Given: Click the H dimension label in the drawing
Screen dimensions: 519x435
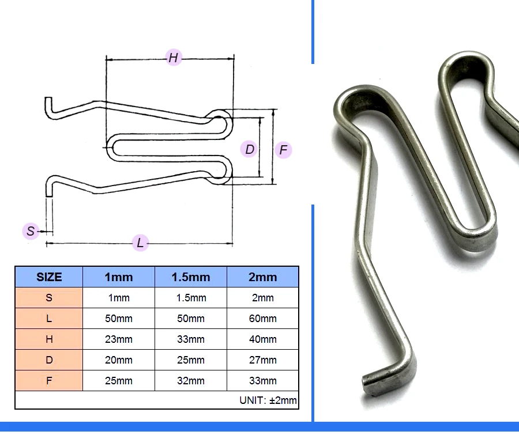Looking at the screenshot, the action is coord(174,58).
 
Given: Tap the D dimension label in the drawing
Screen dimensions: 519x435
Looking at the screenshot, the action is coord(249,149).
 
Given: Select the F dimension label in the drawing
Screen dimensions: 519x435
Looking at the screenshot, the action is coord(283,150).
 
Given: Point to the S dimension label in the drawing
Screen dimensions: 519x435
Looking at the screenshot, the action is coord(31,231).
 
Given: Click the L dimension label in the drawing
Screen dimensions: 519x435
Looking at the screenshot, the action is coord(140,243).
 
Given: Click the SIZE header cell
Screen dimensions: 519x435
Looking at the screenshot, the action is coord(49,277).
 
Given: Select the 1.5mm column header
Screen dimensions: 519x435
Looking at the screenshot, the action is coord(191,277).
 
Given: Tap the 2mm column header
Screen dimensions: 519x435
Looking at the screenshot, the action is coord(263,277).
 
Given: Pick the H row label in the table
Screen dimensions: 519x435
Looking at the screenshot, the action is coord(49,339).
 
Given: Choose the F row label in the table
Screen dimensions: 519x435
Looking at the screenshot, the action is coord(49,380).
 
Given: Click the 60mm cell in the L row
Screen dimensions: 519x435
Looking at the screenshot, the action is coord(263,319).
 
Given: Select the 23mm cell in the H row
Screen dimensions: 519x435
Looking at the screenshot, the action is coord(119,339).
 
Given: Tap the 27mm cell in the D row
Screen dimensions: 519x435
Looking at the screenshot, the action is coord(263,360).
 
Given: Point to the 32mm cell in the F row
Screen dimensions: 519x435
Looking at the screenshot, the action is coord(191,380).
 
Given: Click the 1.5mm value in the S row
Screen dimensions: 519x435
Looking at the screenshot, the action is coord(191,298).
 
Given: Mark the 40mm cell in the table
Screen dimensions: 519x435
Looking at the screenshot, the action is coord(263,339).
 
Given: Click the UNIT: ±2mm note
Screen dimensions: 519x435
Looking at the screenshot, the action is coord(268,400).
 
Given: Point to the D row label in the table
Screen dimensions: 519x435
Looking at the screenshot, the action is coord(49,360).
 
